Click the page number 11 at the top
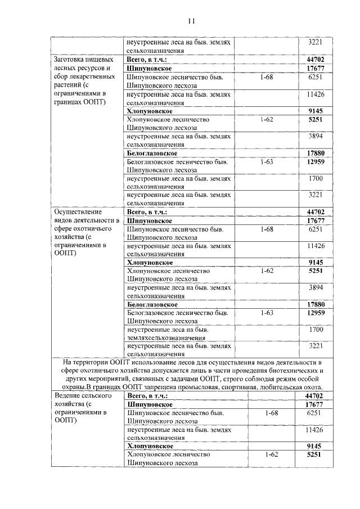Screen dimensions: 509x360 191,21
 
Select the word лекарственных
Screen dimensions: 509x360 87,77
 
